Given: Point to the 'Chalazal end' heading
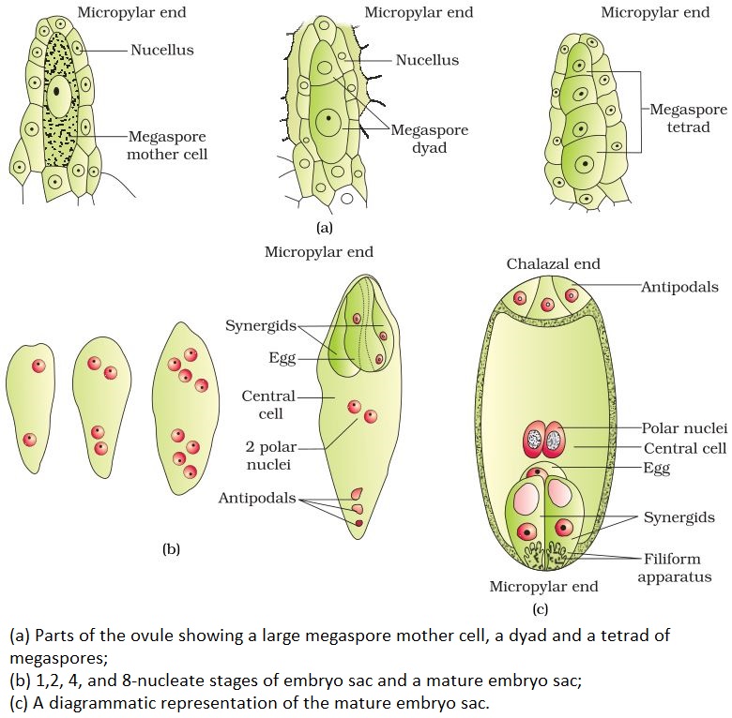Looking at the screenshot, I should click(x=553, y=263).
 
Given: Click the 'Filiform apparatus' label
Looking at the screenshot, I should click(x=674, y=568).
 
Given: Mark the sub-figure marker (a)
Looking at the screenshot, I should click(x=324, y=227).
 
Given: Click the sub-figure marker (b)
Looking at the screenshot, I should click(x=170, y=550).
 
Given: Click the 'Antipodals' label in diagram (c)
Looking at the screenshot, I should click(x=679, y=287).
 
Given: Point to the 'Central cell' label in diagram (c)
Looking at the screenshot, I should click(x=684, y=448).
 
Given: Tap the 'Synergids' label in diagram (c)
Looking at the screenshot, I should click(x=679, y=516).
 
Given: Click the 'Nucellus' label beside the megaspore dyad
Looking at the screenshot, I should click(x=426, y=60).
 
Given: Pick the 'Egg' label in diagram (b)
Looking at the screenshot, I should click(x=282, y=356).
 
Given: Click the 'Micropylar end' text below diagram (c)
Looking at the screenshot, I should click(x=543, y=587).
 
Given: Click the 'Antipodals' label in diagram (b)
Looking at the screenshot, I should click(x=256, y=498).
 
